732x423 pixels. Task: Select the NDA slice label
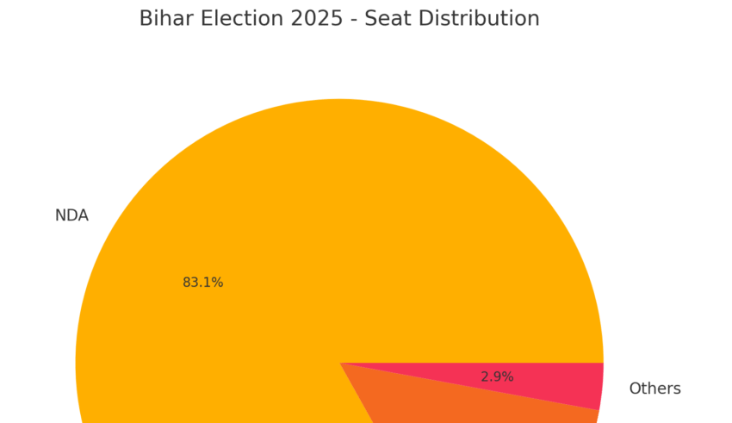point(71,215)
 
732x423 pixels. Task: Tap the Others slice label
point(654,389)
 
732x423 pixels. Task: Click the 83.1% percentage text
point(202,283)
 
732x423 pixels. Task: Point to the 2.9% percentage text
point(497,376)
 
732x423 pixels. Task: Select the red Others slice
point(551,379)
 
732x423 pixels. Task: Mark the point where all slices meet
point(339,363)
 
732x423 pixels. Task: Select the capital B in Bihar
point(146,19)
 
